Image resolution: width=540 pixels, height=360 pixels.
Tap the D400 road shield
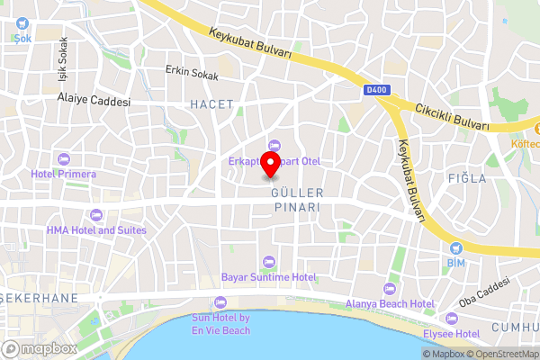tap(375, 90)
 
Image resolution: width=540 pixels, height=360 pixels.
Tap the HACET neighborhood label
tap(211, 104)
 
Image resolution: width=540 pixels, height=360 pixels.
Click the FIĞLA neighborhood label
tap(467, 178)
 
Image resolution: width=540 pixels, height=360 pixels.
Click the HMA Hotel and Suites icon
tap(95, 215)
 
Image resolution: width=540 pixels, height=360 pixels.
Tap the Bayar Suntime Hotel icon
tap(268, 262)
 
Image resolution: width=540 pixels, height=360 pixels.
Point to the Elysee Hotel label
tap(454, 333)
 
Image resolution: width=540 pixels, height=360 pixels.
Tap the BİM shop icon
tap(456, 247)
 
